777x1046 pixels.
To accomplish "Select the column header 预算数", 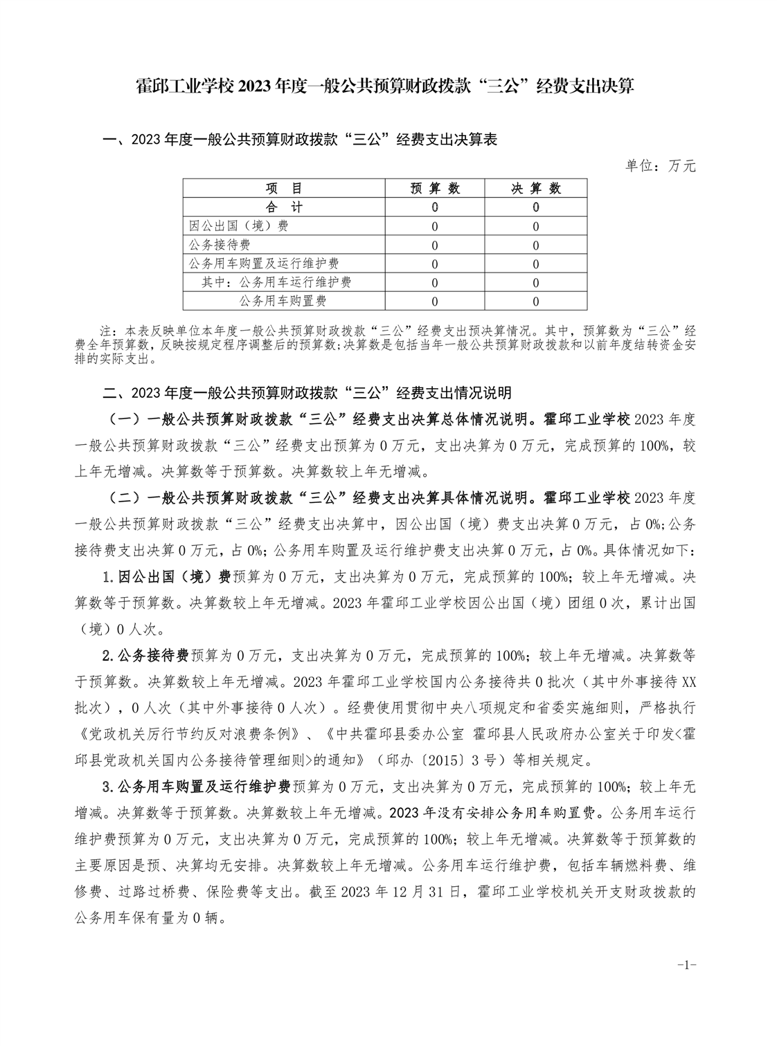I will pos(434,189).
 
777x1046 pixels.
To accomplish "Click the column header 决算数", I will pos(536,189).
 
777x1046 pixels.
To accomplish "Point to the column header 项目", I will pos(285,189).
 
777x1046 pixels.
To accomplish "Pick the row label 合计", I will pos(285,208).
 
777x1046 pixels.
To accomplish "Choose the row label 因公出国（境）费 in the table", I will pos(239,226).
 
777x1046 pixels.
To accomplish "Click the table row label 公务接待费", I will pos(220,245).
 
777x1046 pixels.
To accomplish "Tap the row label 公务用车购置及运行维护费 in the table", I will pos(264,264).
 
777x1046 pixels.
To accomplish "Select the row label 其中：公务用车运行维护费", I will pos(276,282).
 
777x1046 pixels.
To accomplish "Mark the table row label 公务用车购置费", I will pos(283,301).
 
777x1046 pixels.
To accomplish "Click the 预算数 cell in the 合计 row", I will pos(434,208).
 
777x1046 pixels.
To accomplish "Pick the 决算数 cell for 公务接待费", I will pos(536,245).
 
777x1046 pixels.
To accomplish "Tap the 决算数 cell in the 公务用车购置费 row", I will pos(536,301).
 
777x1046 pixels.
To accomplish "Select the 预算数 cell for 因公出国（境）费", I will pos(434,226).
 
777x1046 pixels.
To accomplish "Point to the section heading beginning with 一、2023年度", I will pos(300,140).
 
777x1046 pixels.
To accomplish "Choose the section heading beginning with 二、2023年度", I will pos(307,393).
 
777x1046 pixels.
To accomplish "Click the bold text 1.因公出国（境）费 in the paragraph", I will pos(166,576).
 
